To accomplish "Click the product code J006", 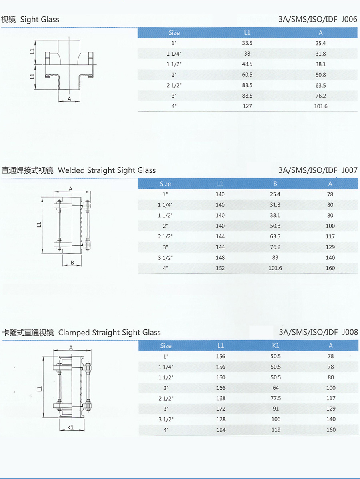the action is [349, 19].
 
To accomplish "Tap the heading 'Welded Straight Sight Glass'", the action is [107, 170].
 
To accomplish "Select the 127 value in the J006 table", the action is [247, 106].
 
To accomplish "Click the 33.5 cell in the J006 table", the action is [247, 43].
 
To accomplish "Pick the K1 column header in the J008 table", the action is [276, 345].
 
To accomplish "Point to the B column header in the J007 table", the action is [275, 184].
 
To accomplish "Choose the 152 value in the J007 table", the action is [220, 268].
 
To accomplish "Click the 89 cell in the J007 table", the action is [275, 258].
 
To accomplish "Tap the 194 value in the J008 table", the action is [221, 430].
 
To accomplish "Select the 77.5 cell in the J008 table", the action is [276, 398].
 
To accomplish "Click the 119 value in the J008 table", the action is [276, 430].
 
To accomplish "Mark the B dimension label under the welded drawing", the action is [72, 262].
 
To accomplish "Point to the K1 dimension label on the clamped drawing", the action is [70, 427].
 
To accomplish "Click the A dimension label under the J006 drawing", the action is [69, 99].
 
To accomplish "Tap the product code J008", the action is [350, 332].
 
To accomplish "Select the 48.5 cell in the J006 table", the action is [247, 64].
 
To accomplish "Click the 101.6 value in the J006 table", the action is [321, 106].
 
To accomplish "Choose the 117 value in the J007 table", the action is [330, 236].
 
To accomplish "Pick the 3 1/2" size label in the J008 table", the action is [166, 419].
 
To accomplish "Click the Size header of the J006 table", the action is [174, 33].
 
